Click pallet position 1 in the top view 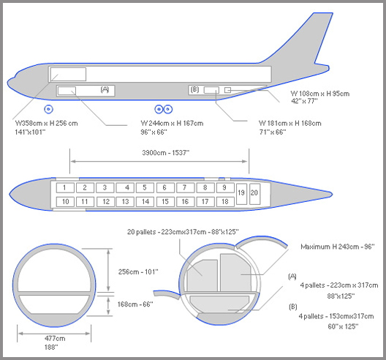pos(65,188)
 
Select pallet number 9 pos(225,188)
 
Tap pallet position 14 pos(145,202)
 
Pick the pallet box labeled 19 pos(241,194)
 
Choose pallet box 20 pos(255,194)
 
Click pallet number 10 pos(65,202)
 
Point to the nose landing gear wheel pos(48,109)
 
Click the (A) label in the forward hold pos(105,89)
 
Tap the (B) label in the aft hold pos(194,89)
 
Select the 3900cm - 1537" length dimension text pos(166,153)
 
